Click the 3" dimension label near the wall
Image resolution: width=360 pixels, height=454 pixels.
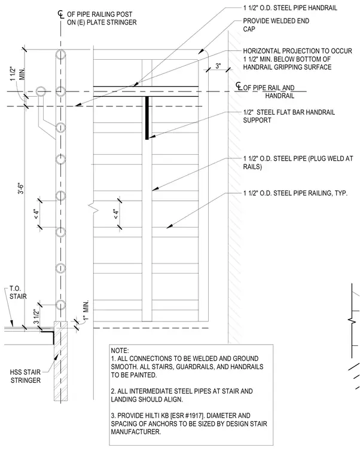click(218, 66)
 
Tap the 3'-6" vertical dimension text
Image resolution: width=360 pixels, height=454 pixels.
click(21, 188)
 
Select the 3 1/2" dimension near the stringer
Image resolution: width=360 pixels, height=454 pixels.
click(36, 317)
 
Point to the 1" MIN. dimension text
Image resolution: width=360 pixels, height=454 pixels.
click(86, 311)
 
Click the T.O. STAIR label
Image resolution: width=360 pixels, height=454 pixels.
click(18, 293)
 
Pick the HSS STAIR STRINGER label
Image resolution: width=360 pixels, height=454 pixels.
click(26, 376)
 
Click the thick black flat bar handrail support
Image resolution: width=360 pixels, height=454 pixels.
click(147, 118)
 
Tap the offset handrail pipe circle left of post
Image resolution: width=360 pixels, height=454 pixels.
click(41, 91)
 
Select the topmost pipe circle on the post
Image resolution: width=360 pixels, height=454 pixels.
click(60, 55)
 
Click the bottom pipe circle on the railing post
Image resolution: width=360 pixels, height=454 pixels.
click(60, 305)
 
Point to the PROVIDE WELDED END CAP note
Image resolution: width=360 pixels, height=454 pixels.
click(276, 25)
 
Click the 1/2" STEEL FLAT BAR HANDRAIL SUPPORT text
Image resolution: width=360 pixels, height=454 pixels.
click(289, 116)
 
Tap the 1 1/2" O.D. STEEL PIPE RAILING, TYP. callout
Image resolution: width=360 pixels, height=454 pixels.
click(295, 193)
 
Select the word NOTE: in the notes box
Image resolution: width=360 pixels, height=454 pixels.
click(120, 350)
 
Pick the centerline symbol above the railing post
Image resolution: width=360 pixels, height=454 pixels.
click(60, 14)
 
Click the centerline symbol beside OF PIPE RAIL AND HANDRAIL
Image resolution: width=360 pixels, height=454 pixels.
click(239, 86)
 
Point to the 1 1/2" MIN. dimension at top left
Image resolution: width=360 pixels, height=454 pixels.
click(17, 74)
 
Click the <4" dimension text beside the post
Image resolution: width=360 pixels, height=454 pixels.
click(36, 214)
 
